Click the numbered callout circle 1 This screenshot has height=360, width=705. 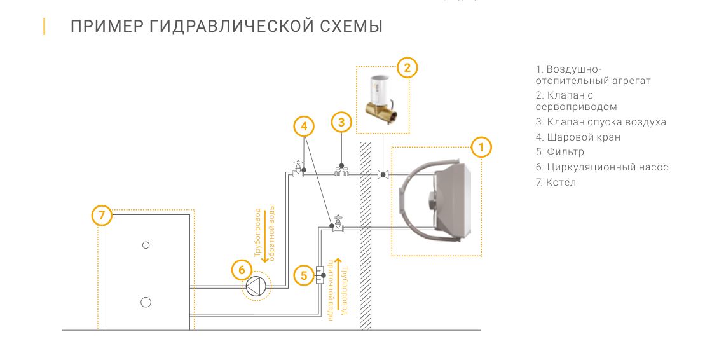[x=481, y=148]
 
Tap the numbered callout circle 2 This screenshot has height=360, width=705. [x=407, y=67]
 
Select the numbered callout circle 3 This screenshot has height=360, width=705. [x=341, y=123]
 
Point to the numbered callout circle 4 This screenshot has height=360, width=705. [x=304, y=126]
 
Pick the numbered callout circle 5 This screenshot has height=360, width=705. [x=304, y=275]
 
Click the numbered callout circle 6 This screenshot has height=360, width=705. [x=241, y=270]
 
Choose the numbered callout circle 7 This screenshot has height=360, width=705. [x=102, y=216]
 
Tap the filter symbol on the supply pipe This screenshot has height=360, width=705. [x=319, y=274]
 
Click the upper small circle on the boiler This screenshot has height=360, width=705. [x=146, y=245]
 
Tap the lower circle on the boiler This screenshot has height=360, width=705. [x=146, y=302]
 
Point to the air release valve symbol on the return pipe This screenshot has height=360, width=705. [x=341, y=171]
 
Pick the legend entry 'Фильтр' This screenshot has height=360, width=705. [x=559, y=152]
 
